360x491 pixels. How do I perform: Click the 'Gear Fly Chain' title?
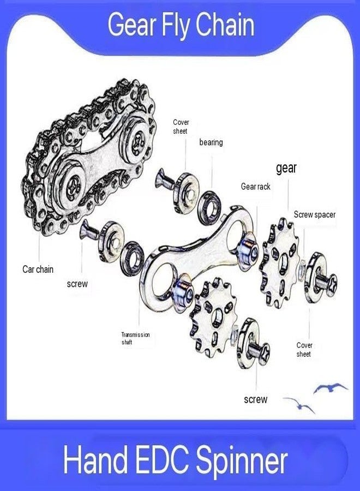click(x=181, y=25)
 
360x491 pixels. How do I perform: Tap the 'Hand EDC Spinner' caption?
click(x=175, y=459)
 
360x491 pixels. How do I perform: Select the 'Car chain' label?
click(x=38, y=269)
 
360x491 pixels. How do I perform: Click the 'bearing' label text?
click(x=211, y=142)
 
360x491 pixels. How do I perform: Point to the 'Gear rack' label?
click(x=255, y=187)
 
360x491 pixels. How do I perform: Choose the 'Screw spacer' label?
click(x=315, y=214)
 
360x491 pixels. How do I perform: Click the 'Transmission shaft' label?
click(x=136, y=338)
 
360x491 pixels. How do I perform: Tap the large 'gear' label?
click(x=286, y=168)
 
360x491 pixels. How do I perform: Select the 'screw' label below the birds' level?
click(x=256, y=399)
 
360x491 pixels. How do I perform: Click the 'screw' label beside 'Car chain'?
click(x=77, y=284)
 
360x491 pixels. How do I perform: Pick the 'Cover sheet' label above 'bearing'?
click(x=181, y=127)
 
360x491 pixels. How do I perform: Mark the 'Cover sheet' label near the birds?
click(x=304, y=350)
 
